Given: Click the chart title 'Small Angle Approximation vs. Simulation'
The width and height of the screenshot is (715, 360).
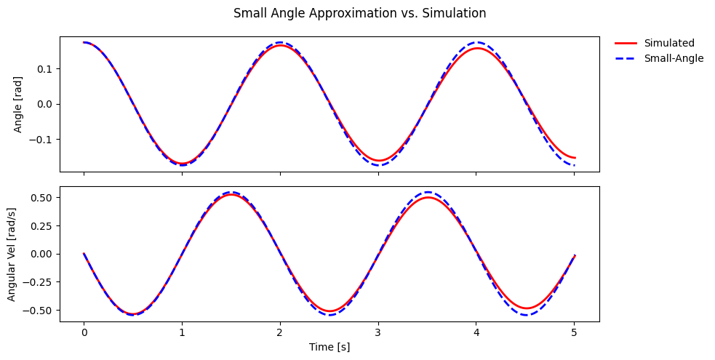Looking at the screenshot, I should point(359,13).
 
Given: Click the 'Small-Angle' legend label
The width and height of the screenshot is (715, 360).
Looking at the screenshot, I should point(674,58).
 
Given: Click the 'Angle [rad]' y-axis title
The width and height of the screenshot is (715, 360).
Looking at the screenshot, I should point(17,104).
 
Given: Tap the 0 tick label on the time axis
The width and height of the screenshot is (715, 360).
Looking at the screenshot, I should point(84,332).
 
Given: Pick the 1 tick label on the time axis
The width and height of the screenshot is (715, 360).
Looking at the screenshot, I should point(182,332).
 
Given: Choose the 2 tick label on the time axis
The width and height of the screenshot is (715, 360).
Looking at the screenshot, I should point(280,332).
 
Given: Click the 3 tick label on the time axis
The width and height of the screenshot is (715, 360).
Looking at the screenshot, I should point(378,332).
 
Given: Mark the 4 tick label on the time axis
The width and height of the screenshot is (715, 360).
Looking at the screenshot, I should point(476,332).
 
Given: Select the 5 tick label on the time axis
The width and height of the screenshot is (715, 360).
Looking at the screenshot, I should point(574,332).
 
